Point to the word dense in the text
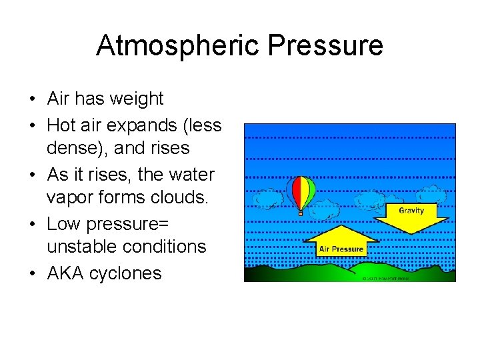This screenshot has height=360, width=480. (67, 148)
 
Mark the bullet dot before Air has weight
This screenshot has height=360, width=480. (32, 99)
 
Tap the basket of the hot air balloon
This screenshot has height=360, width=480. (301, 213)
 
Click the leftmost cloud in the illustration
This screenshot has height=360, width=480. (268, 199)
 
